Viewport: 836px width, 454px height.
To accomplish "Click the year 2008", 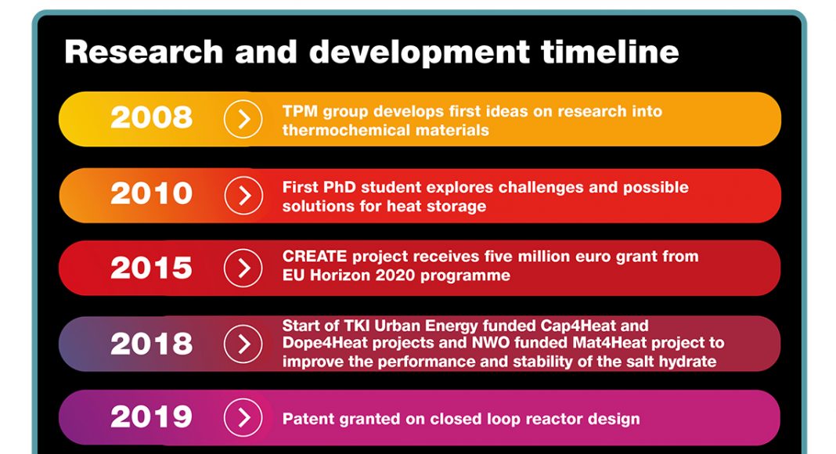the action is click(x=151, y=117).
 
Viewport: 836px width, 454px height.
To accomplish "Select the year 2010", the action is click(x=151, y=193).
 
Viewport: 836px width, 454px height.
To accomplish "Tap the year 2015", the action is click(x=151, y=268).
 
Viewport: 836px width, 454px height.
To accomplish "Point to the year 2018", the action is click(x=151, y=344).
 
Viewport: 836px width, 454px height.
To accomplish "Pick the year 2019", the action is click(x=151, y=417).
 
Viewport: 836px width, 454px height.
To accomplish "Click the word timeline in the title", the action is click(x=610, y=52).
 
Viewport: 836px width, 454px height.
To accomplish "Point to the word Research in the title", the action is click(x=143, y=52).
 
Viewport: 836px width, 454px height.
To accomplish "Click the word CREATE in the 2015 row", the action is click(x=315, y=256).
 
